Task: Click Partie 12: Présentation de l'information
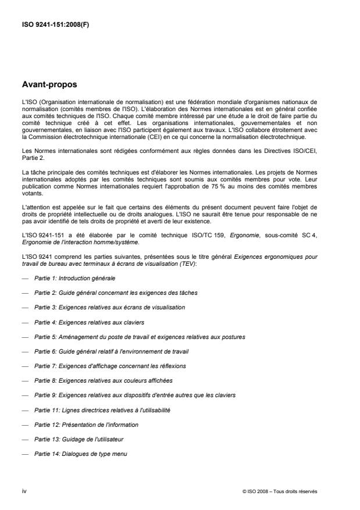[x=85, y=425]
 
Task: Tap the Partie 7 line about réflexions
[x=92, y=366]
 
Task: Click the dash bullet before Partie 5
[x=25, y=337]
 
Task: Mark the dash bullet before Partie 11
[x=25, y=410]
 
